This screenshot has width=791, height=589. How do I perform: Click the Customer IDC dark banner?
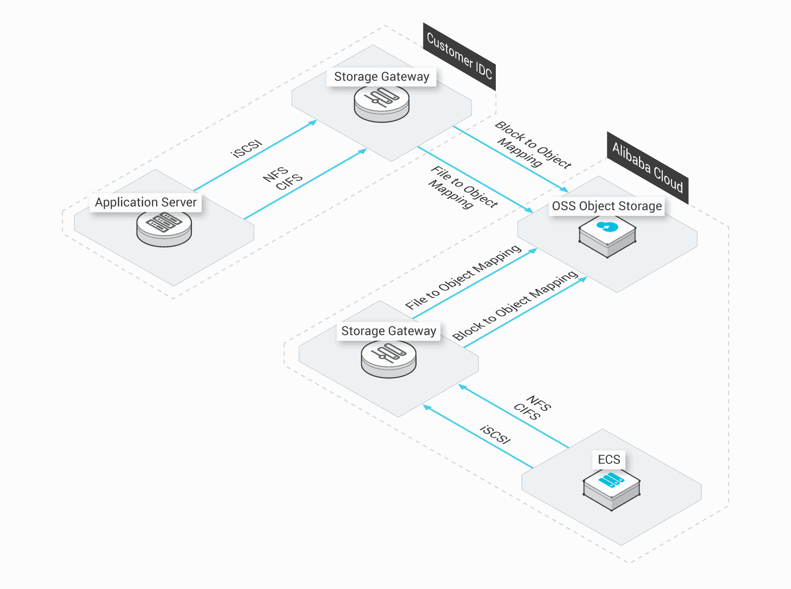coord(459,56)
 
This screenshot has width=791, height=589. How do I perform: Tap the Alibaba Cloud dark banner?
coord(647,167)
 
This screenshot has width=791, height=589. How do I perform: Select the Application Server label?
coord(146,202)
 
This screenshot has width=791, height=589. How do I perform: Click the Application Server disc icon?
coord(164,227)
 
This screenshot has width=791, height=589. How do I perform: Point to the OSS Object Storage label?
coord(606,206)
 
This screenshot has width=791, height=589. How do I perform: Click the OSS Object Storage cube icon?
coord(607,236)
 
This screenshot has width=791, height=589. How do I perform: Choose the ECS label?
coord(609,459)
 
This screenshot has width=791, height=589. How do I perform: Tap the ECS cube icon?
coord(612,488)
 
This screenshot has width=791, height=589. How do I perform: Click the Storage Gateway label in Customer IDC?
coord(382,76)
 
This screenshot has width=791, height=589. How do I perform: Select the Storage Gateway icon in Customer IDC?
coord(382,103)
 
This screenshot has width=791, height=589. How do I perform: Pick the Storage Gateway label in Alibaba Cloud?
coord(388,331)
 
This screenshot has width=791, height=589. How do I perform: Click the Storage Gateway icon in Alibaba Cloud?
coord(389,358)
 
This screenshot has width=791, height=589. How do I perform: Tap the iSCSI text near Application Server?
coord(247,149)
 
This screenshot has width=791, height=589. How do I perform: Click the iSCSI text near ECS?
coord(495,435)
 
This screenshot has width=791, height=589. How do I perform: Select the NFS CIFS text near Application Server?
coord(282,178)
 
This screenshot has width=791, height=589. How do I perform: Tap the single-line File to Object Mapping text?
coord(463,277)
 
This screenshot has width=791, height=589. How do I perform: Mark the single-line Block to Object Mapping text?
coord(515,305)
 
